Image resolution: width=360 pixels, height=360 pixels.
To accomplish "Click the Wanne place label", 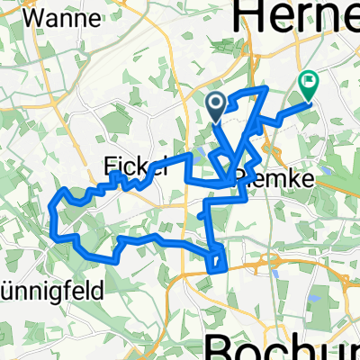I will coord(56,17).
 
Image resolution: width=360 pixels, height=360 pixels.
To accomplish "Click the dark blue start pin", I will coord(217,107).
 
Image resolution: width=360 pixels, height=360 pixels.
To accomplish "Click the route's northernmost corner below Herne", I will coord(266,87).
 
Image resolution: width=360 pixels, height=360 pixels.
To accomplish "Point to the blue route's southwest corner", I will coord(60,238).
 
